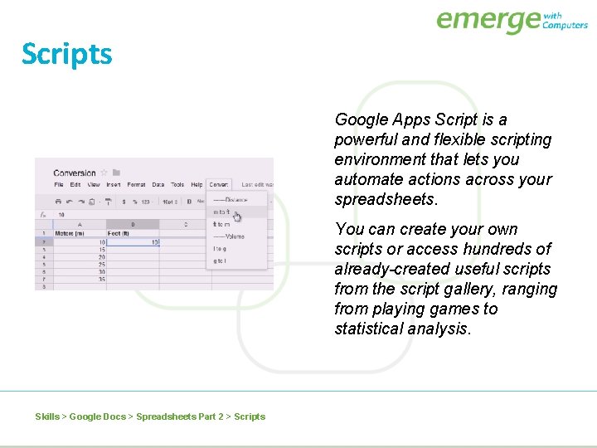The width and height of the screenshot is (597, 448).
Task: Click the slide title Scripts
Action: coord(66,54)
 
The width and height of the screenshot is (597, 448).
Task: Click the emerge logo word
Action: coord(488,20)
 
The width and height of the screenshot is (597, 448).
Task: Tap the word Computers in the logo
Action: coord(565,25)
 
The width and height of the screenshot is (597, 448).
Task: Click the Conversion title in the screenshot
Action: coord(75,173)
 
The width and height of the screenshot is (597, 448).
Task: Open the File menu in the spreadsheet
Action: coord(59,185)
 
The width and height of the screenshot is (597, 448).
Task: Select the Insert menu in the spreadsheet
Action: coord(114,185)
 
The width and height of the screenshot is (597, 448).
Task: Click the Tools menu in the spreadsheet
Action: coord(177,185)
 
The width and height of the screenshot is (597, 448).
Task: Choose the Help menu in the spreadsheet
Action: coord(197,185)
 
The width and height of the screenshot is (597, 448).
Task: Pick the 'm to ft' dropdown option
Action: coord(222,212)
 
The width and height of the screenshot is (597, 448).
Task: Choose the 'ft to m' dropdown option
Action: coord(222,224)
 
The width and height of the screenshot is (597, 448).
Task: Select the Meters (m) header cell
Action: coord(70,233)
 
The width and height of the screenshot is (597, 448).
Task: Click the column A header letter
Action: coord(79,224)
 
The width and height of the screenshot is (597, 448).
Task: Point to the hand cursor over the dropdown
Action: coord(237,217)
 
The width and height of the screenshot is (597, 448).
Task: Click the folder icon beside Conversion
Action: coord(117,173)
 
